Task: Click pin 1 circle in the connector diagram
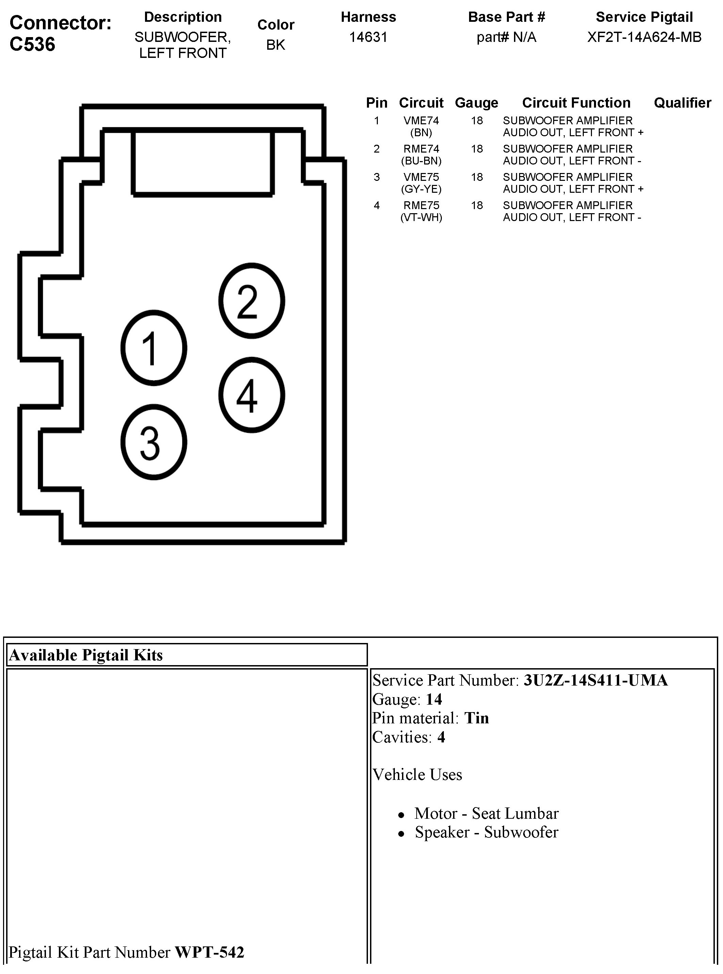coord(154,348)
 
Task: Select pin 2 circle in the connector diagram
coord(252,301)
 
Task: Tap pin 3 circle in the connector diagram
coord(154,442)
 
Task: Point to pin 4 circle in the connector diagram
coord(252,395)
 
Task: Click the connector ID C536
coord(32,44)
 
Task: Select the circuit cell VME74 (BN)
coord(421,126)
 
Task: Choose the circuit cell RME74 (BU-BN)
coord(421,155)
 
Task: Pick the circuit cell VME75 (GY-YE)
coord(421,183)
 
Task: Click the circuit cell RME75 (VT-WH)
coord(421,211)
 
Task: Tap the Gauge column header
coord(477,103)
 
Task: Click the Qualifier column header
coord(682,103)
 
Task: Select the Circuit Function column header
coord(576,103)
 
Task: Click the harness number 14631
coord(368,37)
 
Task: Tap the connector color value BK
coord(276,45)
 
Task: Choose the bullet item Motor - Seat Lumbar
coord(486,813)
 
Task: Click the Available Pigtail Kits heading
coord(86,655)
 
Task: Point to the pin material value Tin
coord(476,718)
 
